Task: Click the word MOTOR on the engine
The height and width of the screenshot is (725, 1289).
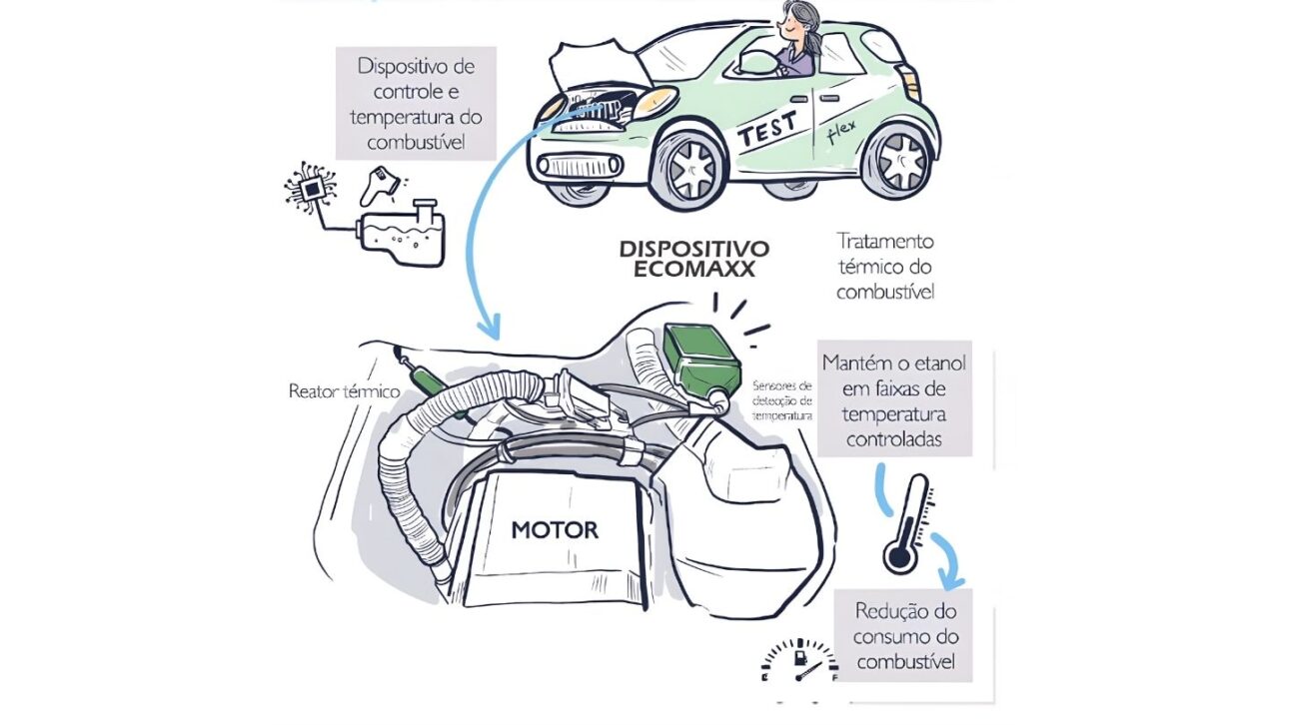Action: point(555,529)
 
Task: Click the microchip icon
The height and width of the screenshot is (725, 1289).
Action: point(311,189)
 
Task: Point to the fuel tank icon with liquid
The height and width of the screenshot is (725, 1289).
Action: point(404,235)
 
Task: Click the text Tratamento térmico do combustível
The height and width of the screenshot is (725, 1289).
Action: point(885,267)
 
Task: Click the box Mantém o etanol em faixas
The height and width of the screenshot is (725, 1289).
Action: point(894,399)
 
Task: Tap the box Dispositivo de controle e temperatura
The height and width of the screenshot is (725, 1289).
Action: point(416,104)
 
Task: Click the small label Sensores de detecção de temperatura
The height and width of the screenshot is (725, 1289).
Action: point(784,399)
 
